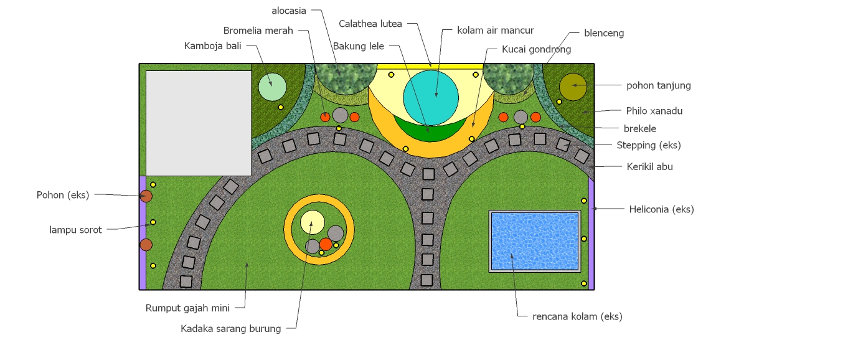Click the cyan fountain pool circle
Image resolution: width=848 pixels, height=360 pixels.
click(431, 98)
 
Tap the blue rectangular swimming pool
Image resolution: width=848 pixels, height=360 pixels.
click(535, 241)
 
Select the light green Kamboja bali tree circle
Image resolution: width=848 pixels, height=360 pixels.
click(272, 87)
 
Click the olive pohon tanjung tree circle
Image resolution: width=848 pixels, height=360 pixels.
click(573, 87)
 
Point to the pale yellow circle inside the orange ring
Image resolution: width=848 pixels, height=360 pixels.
click(313, 222)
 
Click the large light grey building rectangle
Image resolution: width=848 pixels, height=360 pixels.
click(199, 123)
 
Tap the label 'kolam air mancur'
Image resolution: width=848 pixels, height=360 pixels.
click(496, 31)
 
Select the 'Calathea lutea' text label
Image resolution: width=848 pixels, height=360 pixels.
click(370, 24)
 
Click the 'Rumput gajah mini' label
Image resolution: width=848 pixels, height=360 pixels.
click(187, 308)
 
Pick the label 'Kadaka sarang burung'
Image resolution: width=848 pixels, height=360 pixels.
click(230, 329)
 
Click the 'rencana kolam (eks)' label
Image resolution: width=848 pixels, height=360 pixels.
click(577, 316)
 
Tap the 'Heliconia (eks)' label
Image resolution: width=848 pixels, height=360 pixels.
click(661, 209)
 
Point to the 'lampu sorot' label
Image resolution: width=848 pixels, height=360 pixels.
click(75, 230)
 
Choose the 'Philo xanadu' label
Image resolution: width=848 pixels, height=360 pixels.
click(654, 111)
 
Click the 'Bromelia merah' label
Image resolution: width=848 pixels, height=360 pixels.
click(258, 31)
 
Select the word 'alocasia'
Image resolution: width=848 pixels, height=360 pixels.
click(289, 11)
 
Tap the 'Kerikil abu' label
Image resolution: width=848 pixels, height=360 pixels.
click(649, 166)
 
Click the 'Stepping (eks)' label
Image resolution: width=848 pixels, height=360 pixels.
click(649, 145)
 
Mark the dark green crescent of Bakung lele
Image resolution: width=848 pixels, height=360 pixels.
click(430, 133)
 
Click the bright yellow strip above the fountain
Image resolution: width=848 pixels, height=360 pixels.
click(430, 67)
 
